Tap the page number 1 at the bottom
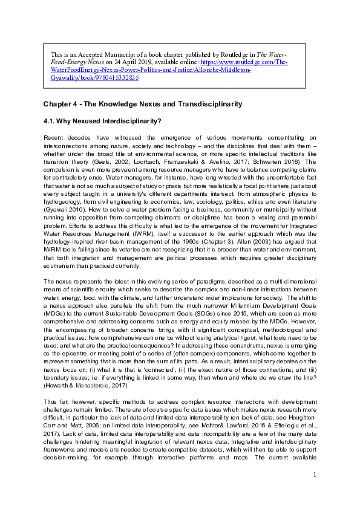(315, 491)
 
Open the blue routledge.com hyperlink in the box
(169, 70)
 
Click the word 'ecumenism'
(61, 264)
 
